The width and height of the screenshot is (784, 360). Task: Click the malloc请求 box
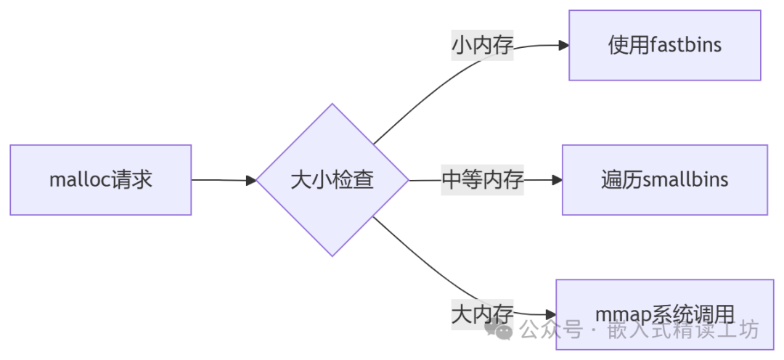click(100, 180)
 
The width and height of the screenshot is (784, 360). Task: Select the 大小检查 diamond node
click(332, 180)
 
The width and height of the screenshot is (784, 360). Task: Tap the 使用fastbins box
click(664, 45)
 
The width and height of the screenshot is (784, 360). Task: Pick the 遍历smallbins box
click(664, 180)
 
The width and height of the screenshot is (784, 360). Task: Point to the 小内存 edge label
click(483, 46)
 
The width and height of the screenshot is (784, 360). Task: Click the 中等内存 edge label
click(483, 180)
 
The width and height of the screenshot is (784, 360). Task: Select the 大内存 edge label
click(483, 314)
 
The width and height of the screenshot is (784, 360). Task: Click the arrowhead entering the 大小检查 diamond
click(251, 180)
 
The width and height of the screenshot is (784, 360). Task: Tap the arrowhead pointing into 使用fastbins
click(563, 45)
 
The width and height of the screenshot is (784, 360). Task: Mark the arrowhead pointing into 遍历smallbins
click(557, 180)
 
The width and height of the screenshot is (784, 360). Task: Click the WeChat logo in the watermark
click(502, 330)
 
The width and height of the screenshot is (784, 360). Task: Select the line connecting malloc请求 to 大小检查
click(221, 180)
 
